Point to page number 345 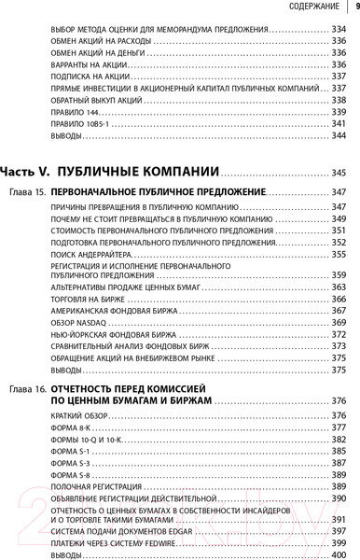338,174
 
